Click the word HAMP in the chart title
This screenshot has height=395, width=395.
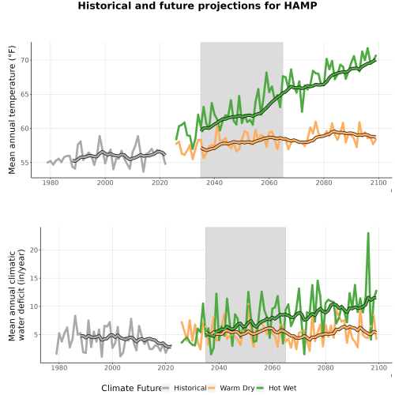coord(300,6)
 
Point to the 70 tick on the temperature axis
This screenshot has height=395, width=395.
coord(24,60)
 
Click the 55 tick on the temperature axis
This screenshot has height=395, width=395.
coord(24,163)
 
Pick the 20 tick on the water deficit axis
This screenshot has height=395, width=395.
coord(34,250)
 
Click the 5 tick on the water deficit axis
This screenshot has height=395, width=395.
coord(36,335)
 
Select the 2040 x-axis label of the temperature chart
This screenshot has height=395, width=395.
coord(214,182)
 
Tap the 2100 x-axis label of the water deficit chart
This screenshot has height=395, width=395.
coord(378,367)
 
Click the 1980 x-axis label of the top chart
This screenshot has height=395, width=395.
coord(51,182)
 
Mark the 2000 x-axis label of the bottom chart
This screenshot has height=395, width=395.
coord(112,367)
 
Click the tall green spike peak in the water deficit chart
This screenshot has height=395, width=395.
coord(368,233)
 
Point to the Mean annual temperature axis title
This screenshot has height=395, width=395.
coord(12,110)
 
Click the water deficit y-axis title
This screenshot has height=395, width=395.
coord(17,295)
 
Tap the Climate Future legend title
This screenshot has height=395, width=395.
coord(131,388)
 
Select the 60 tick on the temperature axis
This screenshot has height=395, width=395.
coord(24,129)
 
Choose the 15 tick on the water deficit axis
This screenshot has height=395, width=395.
coord(34,278)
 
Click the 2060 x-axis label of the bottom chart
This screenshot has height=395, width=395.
coord(273,367)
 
